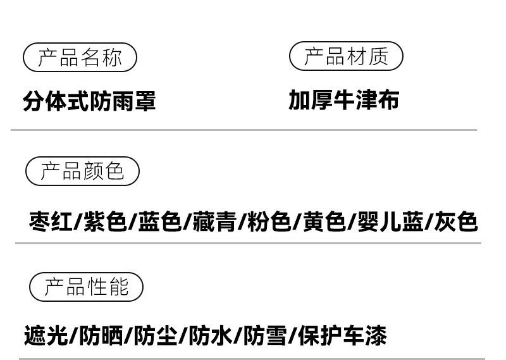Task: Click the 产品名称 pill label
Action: click(80, 58)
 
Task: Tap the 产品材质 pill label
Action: click(346, 56)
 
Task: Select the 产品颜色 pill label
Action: click(82, 171)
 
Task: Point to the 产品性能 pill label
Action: click(87, 287)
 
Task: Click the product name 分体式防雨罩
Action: click(89, 101)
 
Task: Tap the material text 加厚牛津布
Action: click(344, 100)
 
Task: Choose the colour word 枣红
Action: click(51, 222)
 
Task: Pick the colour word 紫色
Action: click(105, 222)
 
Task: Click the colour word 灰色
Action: click(455, 222)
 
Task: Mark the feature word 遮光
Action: click(46, 336)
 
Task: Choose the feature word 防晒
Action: click(101, 336)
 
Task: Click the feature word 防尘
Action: click(155, 336)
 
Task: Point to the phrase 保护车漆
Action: click(342, 336)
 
